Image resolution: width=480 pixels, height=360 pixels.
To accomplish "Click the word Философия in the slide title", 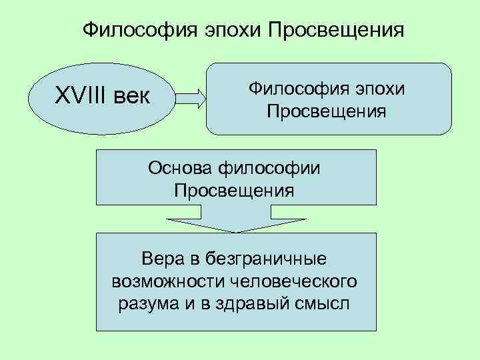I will click(136, 31).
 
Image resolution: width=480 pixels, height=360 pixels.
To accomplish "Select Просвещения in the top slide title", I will click(336, 31).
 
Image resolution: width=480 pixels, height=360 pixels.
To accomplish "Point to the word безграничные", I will click(266, 257).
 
